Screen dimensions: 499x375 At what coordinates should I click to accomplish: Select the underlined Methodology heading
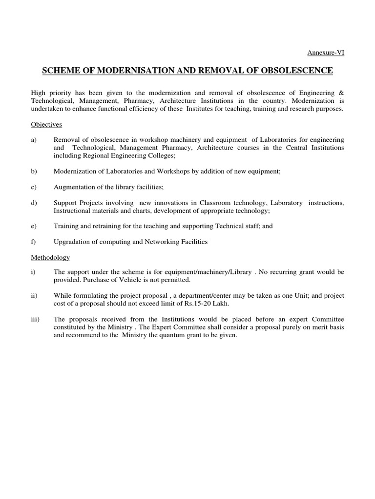pos(50,257)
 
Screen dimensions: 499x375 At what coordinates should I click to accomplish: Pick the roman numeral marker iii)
pos(35,319)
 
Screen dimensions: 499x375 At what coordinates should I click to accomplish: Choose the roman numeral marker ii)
pos(34,296)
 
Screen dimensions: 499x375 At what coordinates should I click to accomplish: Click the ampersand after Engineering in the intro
pos(341,93)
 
